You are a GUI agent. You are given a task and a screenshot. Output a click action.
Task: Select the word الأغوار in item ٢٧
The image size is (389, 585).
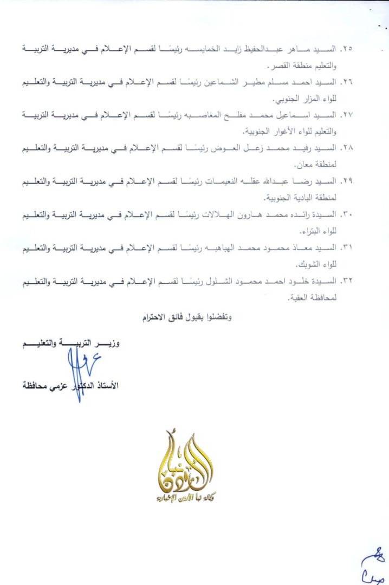tap(282, 132)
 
